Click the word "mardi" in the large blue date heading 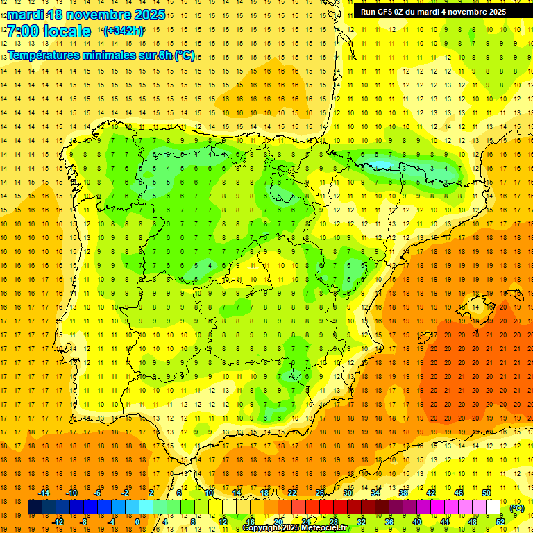click(x=27, y=15)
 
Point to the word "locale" click(x=67, y=32)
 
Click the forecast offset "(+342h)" click(x=124, y=31)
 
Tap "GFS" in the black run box click(x=390, y=12)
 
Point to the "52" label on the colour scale click(x=500, y=522)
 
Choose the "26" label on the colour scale click(x=320, y=493)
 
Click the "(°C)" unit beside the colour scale click(x=516, y=507)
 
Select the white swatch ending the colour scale click(x=493, y=507)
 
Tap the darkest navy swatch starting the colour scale click(x=35, y=507)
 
